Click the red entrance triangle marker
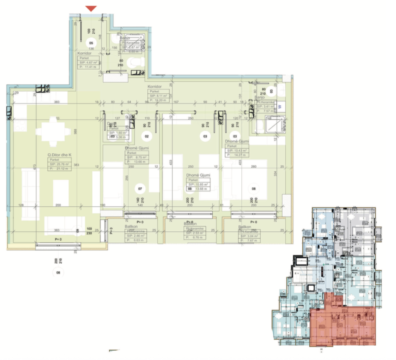click(x=91, y=9)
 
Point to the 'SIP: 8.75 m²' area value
click(x=135, y=158)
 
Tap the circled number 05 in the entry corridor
click(x=92, y=43)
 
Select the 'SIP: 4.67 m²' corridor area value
click(x=88, y=62)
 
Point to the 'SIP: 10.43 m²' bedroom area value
click(x=237, y=150)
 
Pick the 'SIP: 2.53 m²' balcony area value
click(x=196, y=233)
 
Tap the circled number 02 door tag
click(x=147, y=136)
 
